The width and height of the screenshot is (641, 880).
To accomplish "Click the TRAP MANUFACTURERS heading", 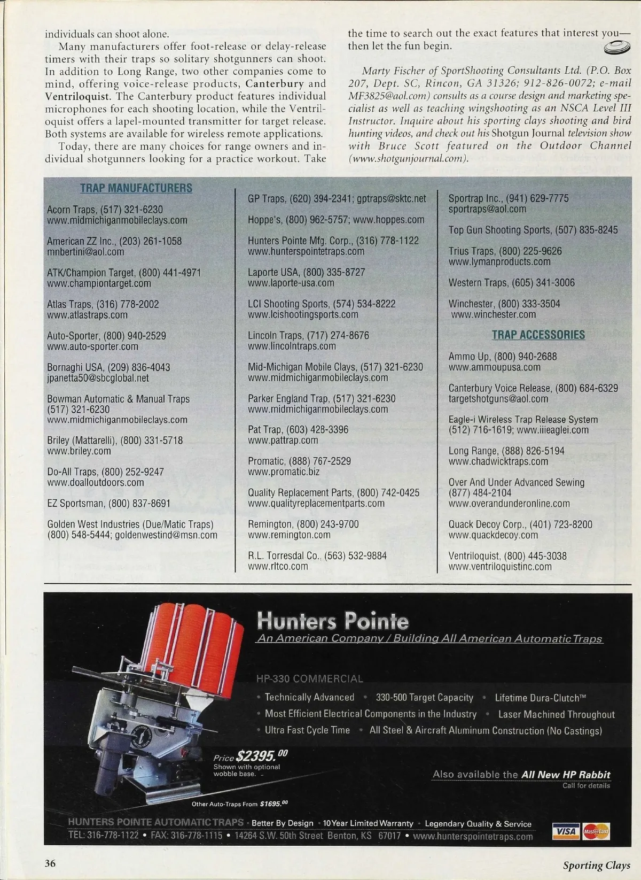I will click(136, 188).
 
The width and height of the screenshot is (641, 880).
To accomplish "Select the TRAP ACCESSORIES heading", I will click(538, 335).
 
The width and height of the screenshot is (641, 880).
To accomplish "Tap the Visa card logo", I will click(566, 831).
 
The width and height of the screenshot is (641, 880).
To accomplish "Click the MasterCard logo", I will click(596, 831).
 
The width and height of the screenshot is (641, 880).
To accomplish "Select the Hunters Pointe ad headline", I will click(332, 621).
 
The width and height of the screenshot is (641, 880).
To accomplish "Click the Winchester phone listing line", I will click(504, 304).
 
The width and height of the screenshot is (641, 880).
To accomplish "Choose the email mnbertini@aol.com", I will click(85, 252).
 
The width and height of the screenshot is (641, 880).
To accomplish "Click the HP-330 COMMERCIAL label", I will click(310, 679).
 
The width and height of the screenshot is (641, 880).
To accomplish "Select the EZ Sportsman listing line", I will click(109, 503).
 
